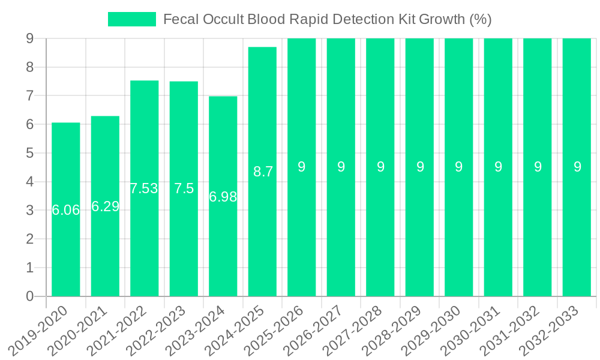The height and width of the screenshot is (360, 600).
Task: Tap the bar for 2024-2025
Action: point(262,240)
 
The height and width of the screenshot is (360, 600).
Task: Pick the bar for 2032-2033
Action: point(577,240)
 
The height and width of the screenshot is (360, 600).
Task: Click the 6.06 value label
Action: point(65,210)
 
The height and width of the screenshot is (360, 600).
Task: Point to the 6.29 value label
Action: point(105,206)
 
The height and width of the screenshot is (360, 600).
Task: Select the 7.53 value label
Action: point(144,188)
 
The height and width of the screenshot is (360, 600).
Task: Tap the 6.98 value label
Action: point(223,197)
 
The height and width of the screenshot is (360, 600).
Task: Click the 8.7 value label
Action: point(263,172)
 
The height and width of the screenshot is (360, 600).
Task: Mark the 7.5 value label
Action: point(184,188)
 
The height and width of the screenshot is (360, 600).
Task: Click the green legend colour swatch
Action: point(131,19)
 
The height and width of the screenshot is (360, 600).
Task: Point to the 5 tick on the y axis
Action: point(29,153)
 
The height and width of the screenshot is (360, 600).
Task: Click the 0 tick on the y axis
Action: point(29,296)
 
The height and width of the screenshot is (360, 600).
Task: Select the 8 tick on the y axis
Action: point(29,67)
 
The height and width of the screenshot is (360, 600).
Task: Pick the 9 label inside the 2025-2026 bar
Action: point(302,167)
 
